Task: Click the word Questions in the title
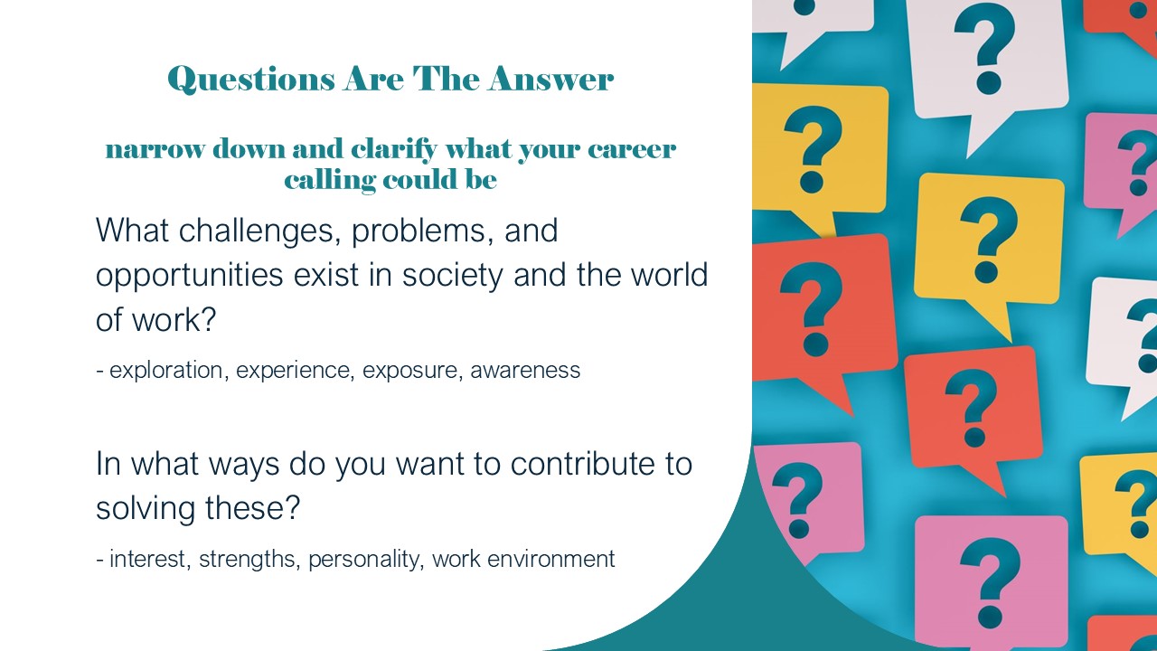(x=251, y=80)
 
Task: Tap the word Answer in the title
(x=550, y=79)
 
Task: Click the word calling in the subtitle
(x=330, y=181)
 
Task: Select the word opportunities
(x=190, y=276)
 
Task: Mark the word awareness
(x=525, y=371)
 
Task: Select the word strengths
(x=247, y=559)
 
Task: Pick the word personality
(x=366, y=560)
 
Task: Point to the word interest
(x=147, y=559)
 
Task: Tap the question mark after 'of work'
(x=207, y=319)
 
